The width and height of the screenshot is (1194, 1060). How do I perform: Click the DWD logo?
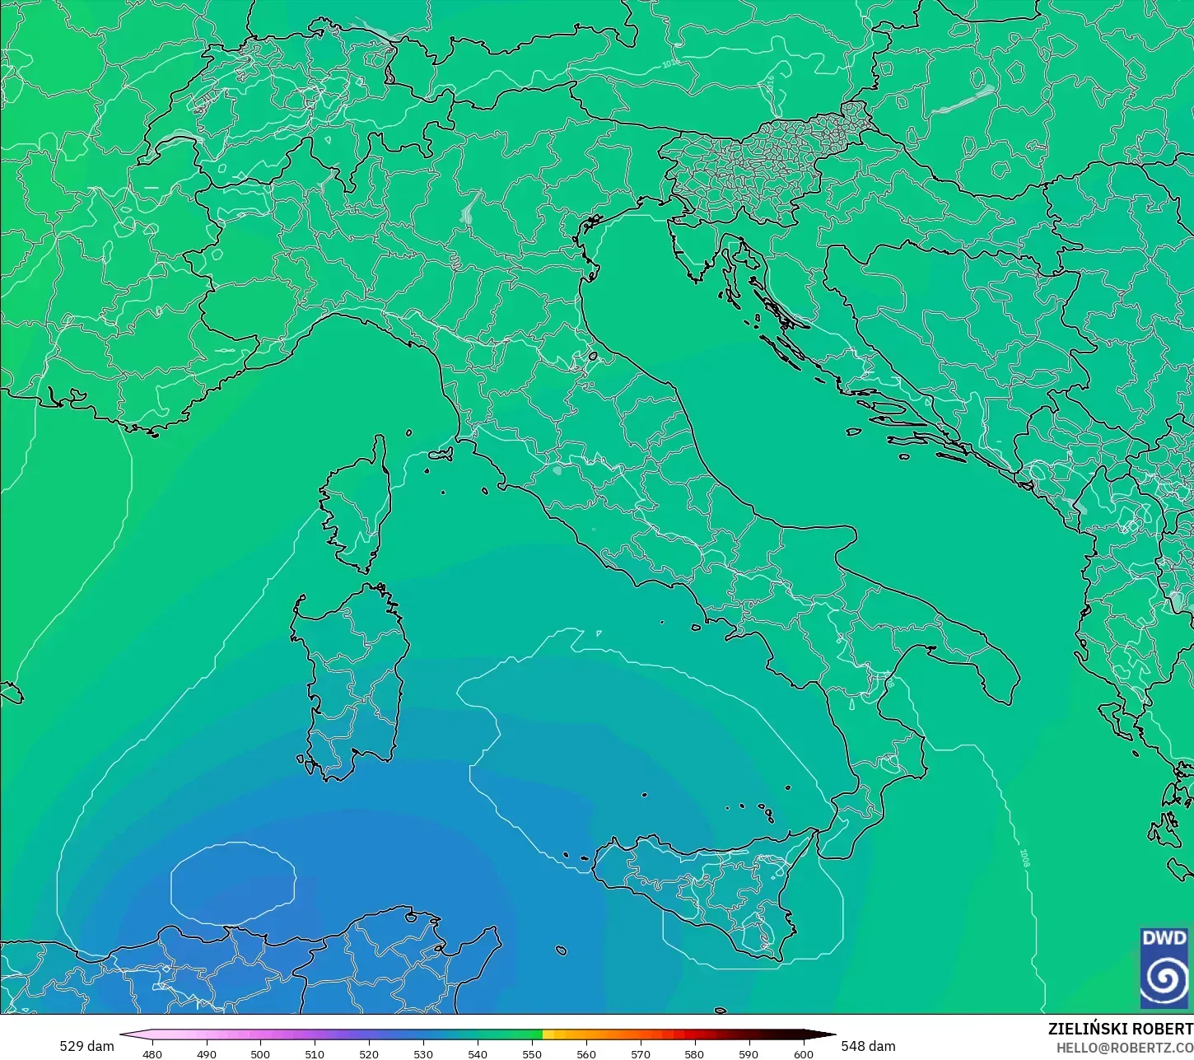pyautogui.click(x=1164, y=968)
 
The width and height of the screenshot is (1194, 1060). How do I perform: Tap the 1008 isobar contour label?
pyautogui.click(x=1025, y=857)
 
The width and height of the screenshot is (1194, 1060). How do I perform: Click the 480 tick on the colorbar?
pyautogui.click(x=152, y=1053)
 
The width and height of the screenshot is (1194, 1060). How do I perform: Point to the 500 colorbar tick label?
pyautogui.click(x=260, y=1053)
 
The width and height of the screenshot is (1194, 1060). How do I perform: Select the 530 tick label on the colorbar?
pyautogui.click(x=423, y=1053)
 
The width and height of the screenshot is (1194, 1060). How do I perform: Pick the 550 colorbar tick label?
pyautogui.click(x=532, y=1053)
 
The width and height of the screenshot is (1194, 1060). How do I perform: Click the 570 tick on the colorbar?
pyautogui.click(x=640, y=1053)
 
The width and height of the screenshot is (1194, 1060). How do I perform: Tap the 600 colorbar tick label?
pyautogui.click(x=803, y=1053)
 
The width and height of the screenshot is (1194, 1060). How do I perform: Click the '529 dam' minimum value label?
pyautogui.click(x=86, y=1046)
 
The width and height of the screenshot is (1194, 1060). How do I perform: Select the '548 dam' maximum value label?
pyautogui.click(x=868, y=1046)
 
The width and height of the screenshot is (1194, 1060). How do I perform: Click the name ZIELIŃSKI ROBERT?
pyautogui.click(x=1120, y=1029)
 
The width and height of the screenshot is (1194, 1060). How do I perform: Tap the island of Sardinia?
pyautogui.click(x=350, y=675)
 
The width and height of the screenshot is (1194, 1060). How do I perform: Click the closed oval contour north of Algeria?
pyautogui.click(x=233, y=883)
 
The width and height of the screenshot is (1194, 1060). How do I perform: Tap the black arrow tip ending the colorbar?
pyautogui.click(x=827, y=1034)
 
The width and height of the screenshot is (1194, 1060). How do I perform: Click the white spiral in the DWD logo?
pyautogui.click(x=1164, y=978)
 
